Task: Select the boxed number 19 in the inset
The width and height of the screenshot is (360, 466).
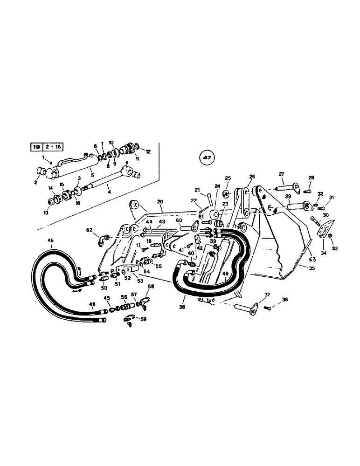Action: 36,146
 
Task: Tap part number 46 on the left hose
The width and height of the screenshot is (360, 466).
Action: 51,240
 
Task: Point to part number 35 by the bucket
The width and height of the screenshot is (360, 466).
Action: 305,268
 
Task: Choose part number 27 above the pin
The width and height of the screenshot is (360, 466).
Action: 281,174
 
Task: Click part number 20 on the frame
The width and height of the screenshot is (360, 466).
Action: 160,202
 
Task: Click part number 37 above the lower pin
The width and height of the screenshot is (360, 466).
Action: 267,295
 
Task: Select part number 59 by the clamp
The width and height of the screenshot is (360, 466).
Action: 143,320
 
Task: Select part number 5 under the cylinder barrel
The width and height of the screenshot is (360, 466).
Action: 92,175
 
